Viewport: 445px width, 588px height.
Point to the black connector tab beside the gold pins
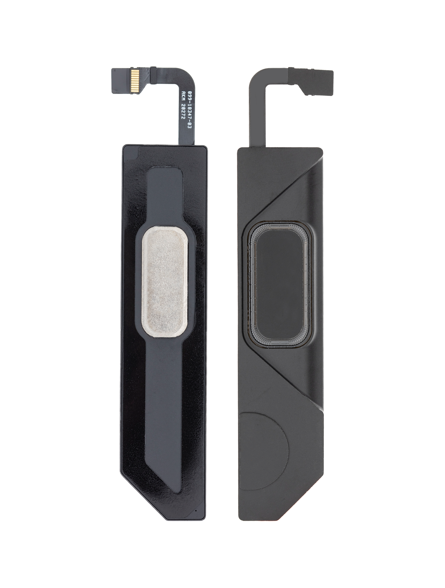[121, 77]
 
